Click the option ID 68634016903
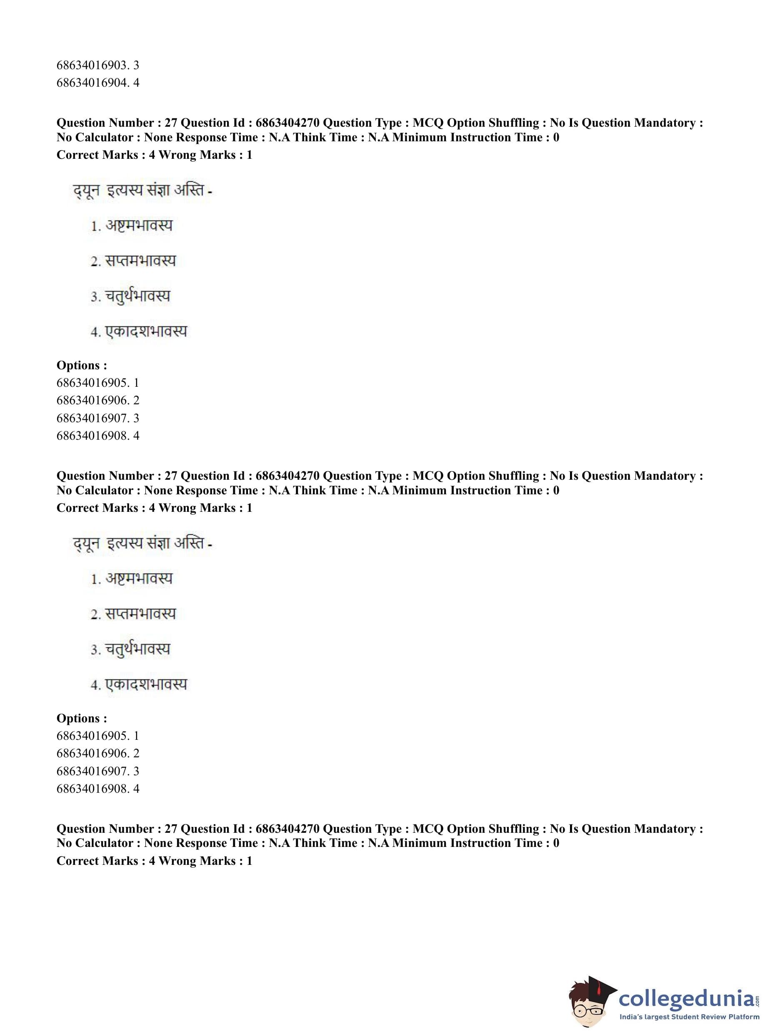pyautogui.click(x=97, y=65)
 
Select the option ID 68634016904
pyautogui.click(x=97, y=83)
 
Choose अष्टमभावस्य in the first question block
pyautogui.click(x=138, y=225)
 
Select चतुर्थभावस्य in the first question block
pyautogui.click(x=137, y=296)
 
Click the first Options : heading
pyautogui.click(x=82, y=366)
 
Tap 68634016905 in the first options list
pyautogui.click(x=97, y=383)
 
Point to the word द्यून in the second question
pyautogui.click(x=86, y=544)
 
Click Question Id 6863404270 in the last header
pyautogui.click(x=287, y=829)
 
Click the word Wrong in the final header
pyautogui.click(x=178, y=861)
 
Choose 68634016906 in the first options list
pyautogui.click(x=97, y=401)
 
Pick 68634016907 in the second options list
pyautogui.click(x=97, y=771)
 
